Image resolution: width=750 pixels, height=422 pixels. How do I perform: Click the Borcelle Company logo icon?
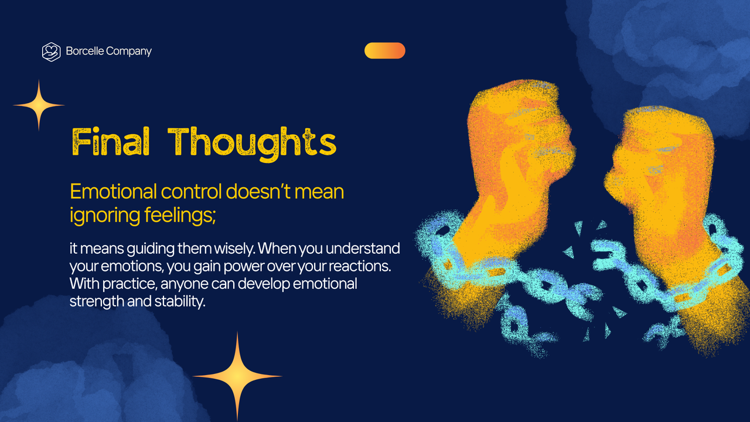(x=52, y=52)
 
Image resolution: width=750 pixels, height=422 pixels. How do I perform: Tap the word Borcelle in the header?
(x=85, y=52)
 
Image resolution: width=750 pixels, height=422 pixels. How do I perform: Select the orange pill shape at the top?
(x=384, y=51)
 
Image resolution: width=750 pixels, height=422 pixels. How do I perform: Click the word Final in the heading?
(x=110, y=142)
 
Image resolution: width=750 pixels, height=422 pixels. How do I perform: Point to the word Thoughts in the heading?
(x=252, y=142)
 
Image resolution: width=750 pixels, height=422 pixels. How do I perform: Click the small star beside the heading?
(x=39, y=105)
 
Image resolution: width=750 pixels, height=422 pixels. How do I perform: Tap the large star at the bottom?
(x=237, y=376)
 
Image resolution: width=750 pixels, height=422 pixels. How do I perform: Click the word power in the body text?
(x=230, y=266)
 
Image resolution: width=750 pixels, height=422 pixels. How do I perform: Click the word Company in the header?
(x=129, y=52)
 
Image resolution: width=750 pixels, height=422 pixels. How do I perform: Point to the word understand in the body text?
(x=363, y=249)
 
